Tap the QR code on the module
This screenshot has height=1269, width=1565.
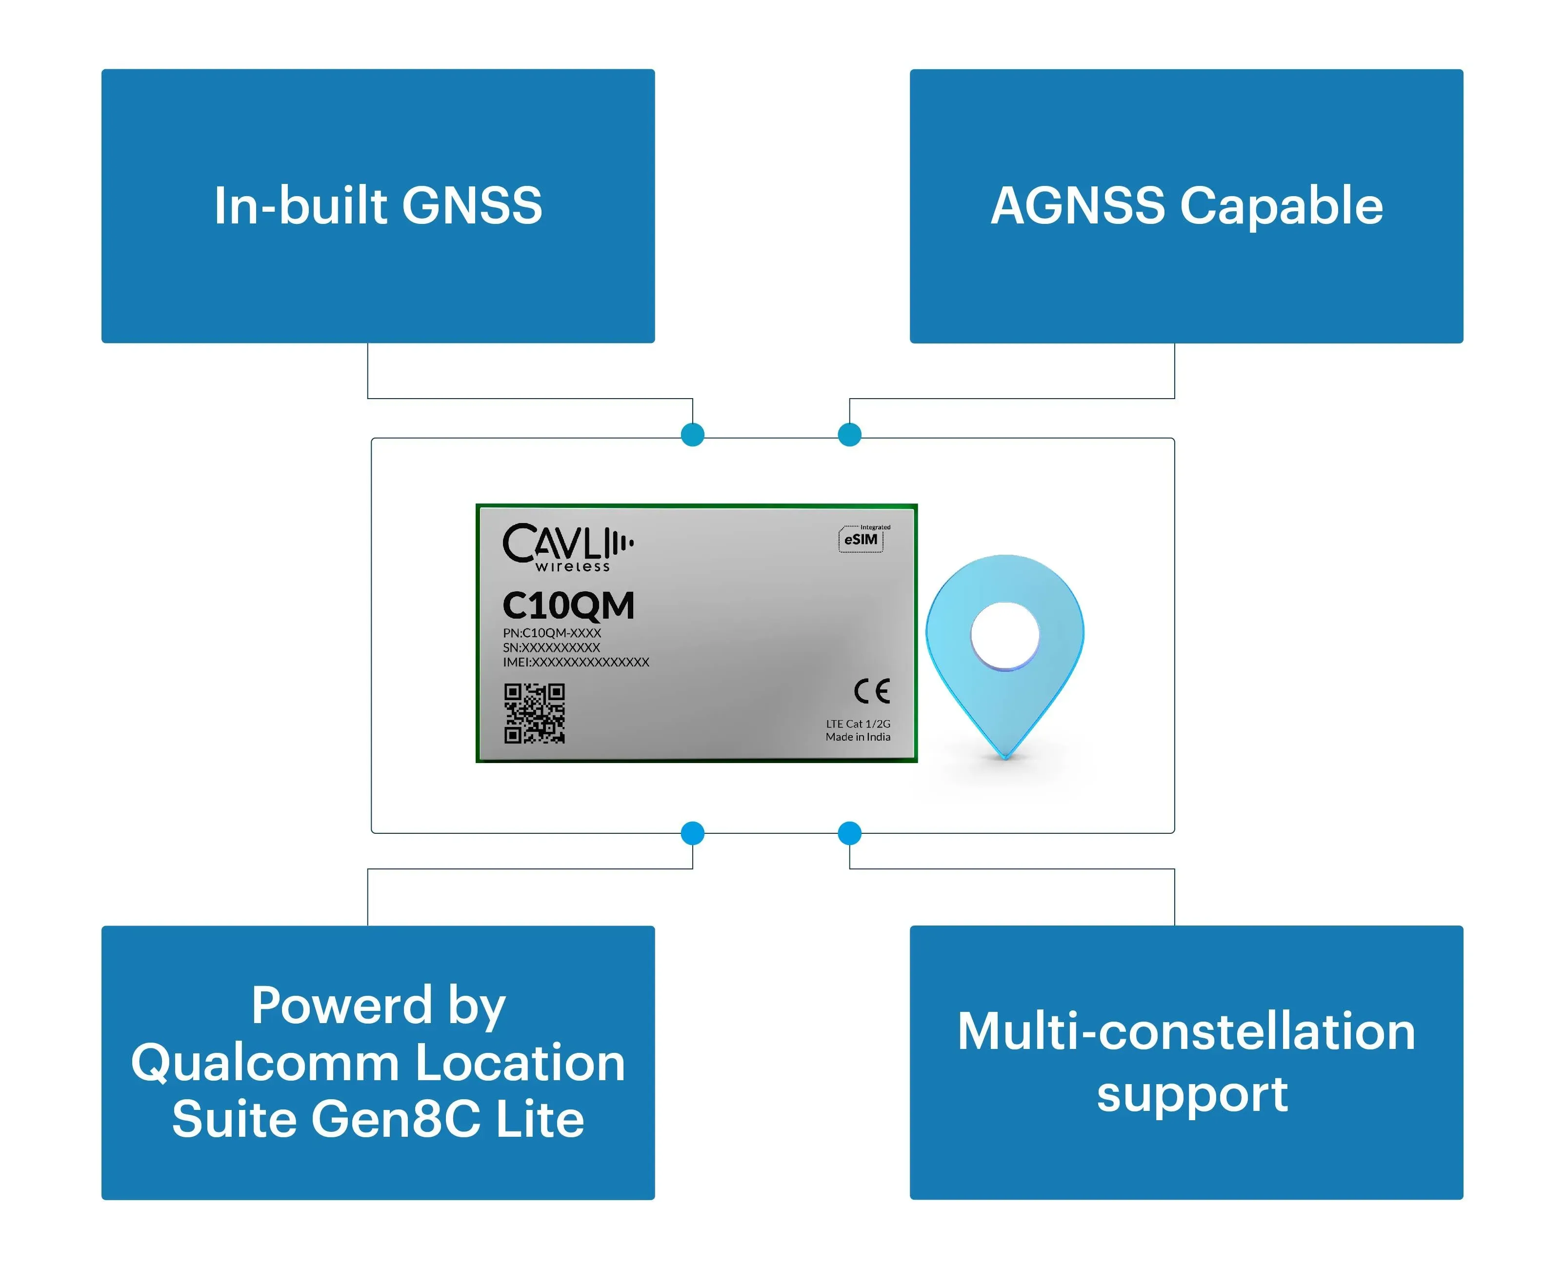coord(534,713)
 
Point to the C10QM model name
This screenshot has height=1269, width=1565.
coord(568,605)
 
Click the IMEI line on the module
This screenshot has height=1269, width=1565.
coord(576,662)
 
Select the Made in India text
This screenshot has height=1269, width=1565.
coord(858,737)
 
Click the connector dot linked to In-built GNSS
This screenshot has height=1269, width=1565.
coord(692,435)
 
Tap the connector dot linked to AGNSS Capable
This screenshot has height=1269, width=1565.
coord(849,435)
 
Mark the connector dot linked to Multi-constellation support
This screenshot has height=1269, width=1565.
coord(849,833)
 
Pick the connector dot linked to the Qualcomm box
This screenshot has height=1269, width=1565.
coord(692,833)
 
